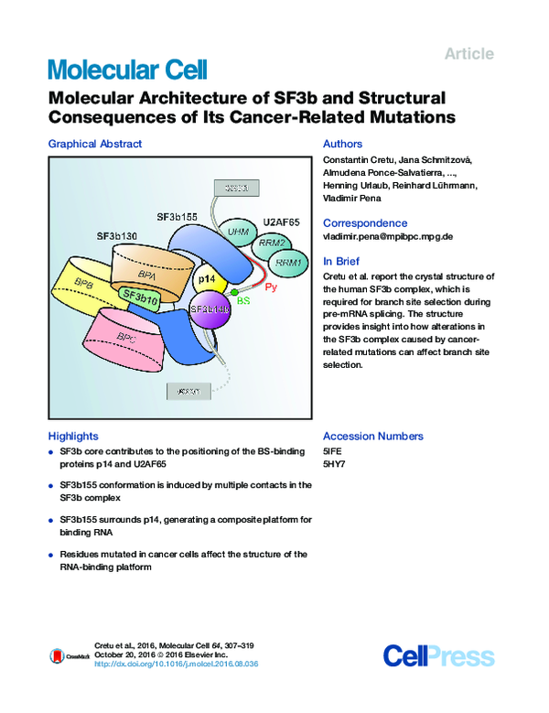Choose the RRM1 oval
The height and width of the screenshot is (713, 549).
click(287, 264)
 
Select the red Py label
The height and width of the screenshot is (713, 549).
click(271, 287)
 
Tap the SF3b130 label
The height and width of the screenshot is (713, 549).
click(118, 236)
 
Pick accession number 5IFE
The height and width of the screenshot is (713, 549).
click(333, 451)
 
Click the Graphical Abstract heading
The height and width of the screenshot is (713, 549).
click(95, 144)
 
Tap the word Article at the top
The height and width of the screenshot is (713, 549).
click(468, 54)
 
